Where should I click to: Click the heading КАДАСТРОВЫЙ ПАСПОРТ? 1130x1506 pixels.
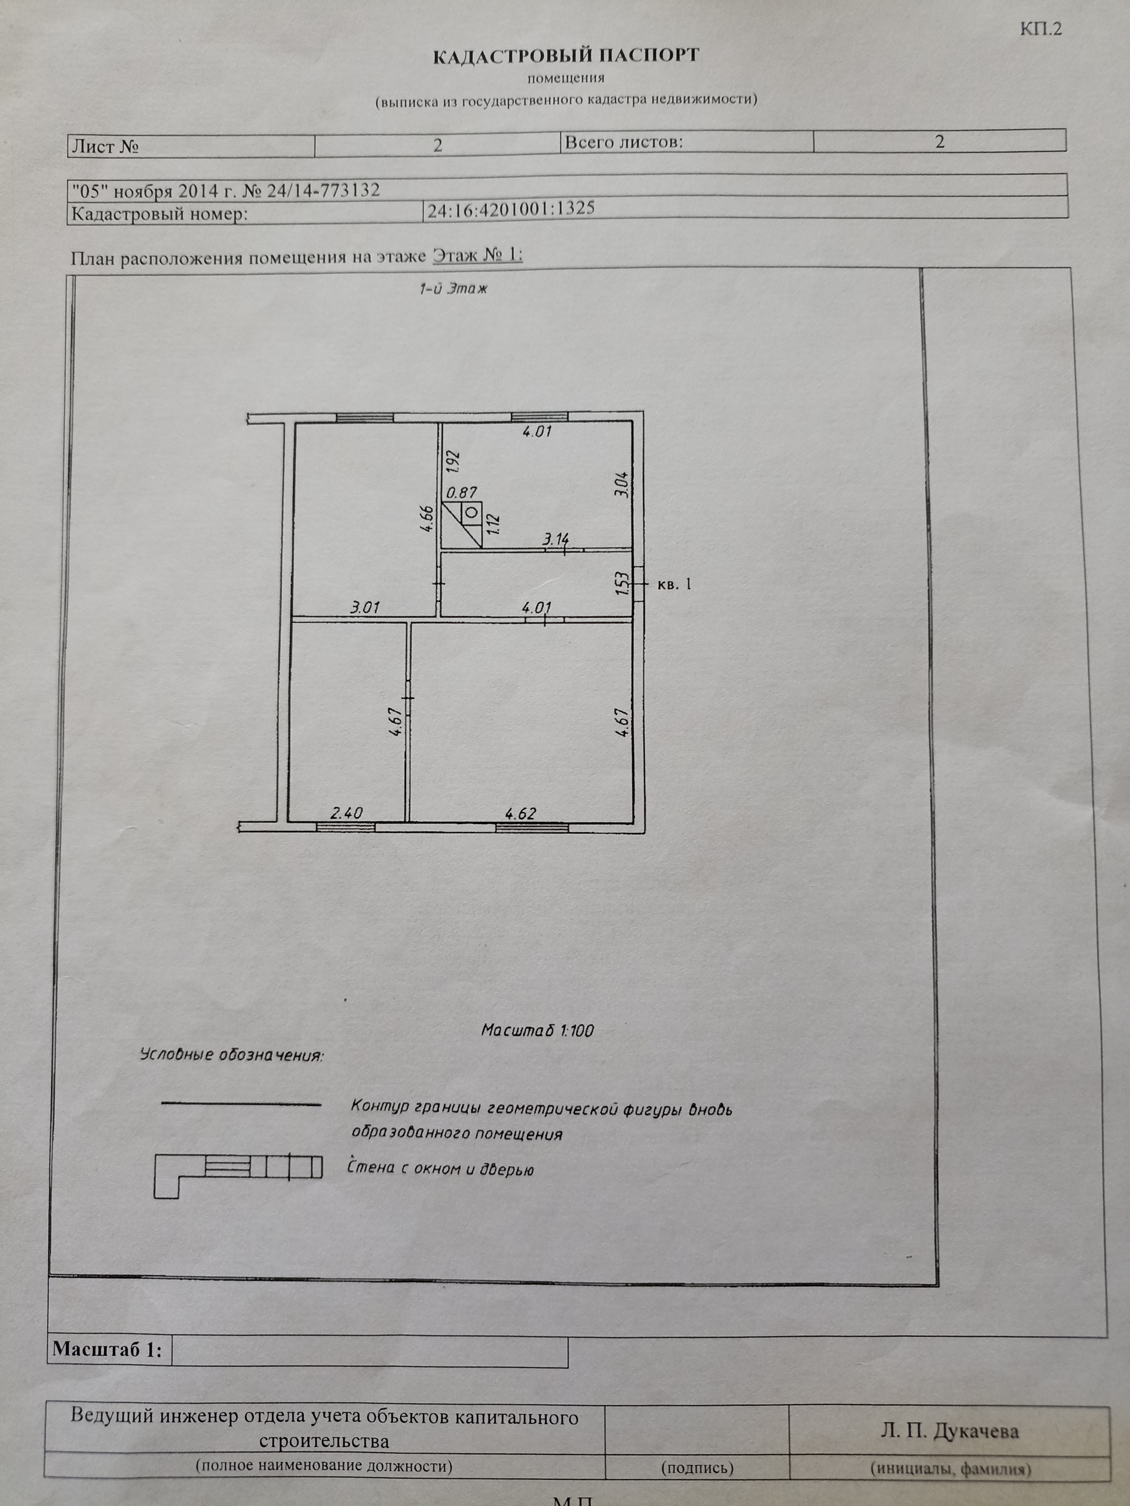pyautogui.click(x=566, y=56)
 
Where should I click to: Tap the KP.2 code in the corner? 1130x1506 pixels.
pyautogui.click(x=1040, y=29)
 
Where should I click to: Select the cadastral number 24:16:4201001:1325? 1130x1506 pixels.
pyautogui.click(x=510, y=209)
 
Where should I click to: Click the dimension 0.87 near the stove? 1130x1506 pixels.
pyautogui.click(x=462, y=492)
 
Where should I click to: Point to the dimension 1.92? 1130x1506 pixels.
pyautogui.click(x=454, y=462)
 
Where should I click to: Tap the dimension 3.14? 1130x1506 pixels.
pyautogui.click(x=555, y=540)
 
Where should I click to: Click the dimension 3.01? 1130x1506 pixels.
pyautogui.click(x=365, y=607)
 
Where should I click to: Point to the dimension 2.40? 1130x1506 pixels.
pyautogui.click(x=346, y=813)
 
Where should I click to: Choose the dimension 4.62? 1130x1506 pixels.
pyautogui.click(x=520, y=813)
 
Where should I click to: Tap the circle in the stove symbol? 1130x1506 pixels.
pyautogui.click(x=470, y=512)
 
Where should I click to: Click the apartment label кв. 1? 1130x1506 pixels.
pyautogui.click(x=674, y=584)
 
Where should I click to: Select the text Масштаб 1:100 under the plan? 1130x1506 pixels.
pyautogui.click(x=537, y=1031)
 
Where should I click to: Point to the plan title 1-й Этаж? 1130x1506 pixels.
pyautogui.click(x=453, y=289)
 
